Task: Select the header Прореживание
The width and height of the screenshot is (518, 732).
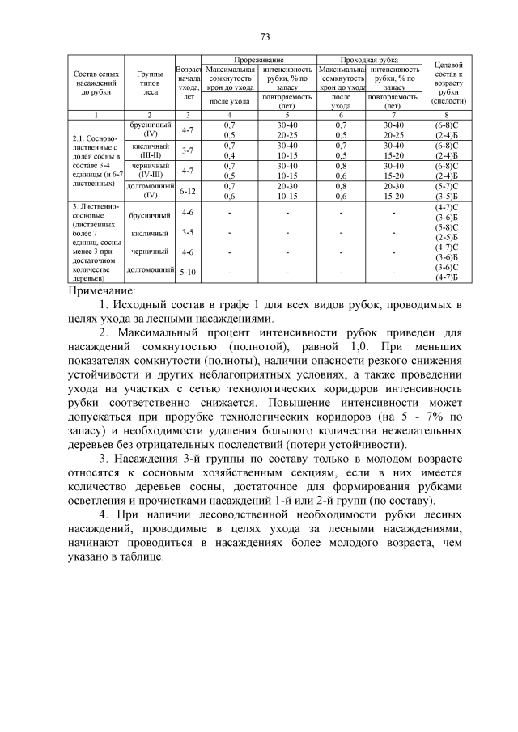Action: (258, 61)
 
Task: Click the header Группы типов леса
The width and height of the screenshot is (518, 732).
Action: (150, 83)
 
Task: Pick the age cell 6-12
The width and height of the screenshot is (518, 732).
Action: (188, 192)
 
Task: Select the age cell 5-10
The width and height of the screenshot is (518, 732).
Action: (188, 272)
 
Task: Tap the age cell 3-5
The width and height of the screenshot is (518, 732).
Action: (188, 232)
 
